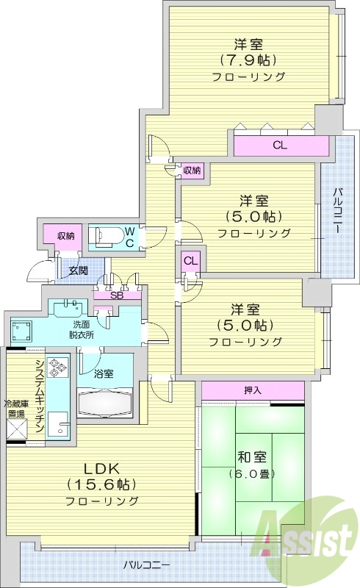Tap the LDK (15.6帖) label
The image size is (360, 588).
tap(102, 484)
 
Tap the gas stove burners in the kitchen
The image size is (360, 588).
tap(57, 365)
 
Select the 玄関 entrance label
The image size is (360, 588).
tap(79, 270)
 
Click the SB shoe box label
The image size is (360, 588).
tap(116, 295)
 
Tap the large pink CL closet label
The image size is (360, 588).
tap(279, 146)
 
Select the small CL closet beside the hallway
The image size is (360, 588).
tap(190, 260)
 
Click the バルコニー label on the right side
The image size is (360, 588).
tap(336, 209)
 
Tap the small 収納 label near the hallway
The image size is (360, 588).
tap(192, 171)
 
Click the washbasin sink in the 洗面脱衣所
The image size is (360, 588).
tap(70, 304)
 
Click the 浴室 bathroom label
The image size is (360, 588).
tap(104, 374)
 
